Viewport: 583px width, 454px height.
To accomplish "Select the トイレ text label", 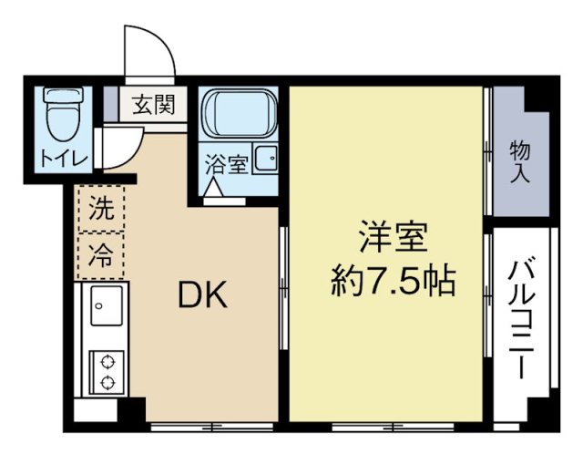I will pyautogui.click(x=63, y=157).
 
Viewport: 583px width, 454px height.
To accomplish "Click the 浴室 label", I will pyautogui.click(x=225, y=165).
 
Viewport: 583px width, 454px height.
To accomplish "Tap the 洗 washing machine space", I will pyautogui.click(x=100, y=209).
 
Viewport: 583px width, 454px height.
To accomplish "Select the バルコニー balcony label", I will pyautogui.click(x=522, y=315).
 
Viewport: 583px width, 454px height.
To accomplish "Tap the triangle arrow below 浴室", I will pyautogui.click(x=213, y=189).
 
